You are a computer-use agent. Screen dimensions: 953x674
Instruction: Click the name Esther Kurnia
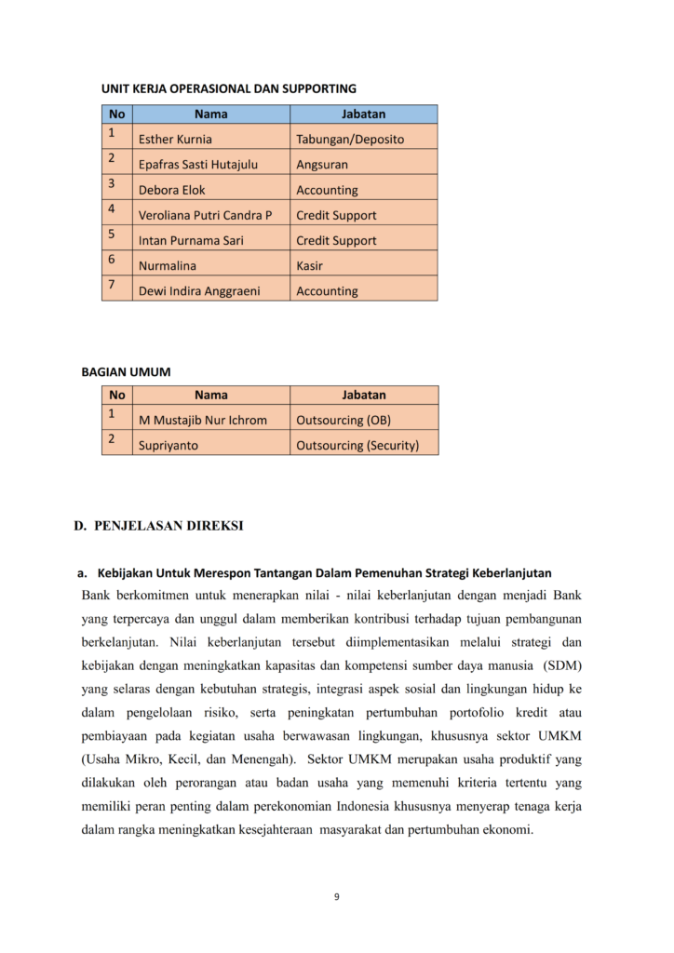(x=175, y=140)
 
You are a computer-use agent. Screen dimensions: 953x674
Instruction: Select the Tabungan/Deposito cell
(x=350, y=140)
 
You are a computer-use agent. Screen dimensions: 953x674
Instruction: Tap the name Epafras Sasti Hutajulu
(x=198, y=165)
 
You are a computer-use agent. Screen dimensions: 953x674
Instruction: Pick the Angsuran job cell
(x=322, y=165)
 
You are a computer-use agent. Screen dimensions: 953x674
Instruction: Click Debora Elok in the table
(x=172, y=190)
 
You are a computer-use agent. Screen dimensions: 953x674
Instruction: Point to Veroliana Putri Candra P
(x=206, y=215)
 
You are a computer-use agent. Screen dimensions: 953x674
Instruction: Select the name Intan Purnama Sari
(x=192, y=240)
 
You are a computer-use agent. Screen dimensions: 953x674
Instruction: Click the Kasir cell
(x=310, y=265)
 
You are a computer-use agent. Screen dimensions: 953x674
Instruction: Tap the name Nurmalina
(x=168, y=265)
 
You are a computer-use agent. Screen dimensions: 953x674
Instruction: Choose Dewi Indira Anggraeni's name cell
(x=199, y=291)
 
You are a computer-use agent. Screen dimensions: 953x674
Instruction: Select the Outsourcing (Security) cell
(x=357, y=446)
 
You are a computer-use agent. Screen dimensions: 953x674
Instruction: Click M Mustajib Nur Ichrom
(x=203, y=420)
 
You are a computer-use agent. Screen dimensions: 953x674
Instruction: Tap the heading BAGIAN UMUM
(x=127, y=372)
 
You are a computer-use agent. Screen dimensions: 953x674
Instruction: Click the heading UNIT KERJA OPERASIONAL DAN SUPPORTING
(x=228, y=89)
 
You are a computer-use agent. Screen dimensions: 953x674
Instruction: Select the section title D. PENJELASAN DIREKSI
(x=158, y=526)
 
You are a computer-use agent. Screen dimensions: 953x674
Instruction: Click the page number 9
(x=337, y=897)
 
